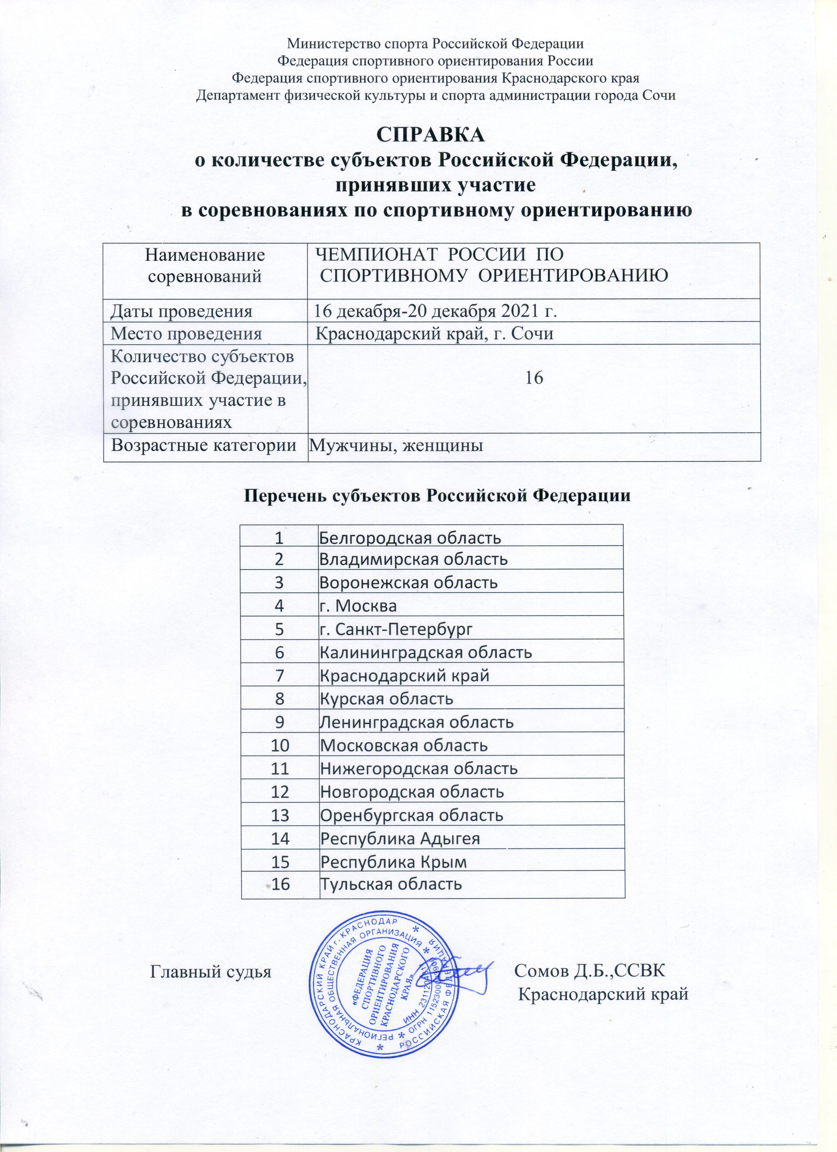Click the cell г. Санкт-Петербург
pos(396,630)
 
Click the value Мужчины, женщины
pos(396,445)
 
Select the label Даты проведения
pos(182,310)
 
